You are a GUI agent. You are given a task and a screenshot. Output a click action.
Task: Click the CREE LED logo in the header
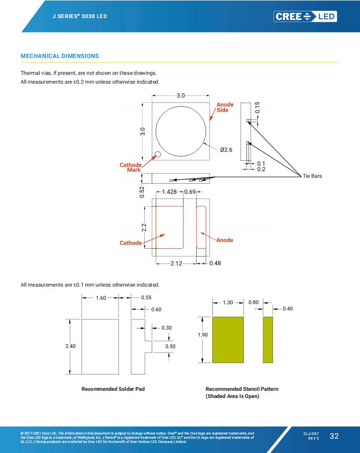click(305, 16)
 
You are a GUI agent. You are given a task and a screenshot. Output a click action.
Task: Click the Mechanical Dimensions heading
click(60, 56)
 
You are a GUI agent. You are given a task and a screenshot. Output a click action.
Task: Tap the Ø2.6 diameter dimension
click(226, 150)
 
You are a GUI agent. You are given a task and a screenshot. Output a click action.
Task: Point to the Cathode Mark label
click(131, 167)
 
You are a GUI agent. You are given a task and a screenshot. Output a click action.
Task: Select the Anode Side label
click(225, 107)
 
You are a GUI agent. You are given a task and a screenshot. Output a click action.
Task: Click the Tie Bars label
click(312, 176)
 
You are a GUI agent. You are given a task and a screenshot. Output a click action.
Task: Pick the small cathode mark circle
click(157, 155)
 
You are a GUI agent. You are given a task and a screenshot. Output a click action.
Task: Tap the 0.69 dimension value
click(190, 192)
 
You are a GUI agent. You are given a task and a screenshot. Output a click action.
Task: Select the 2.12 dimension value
click(176, 263)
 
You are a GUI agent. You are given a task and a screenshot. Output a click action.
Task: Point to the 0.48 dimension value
click(215, 263)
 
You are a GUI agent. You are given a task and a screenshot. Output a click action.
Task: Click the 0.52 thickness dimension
click(142, 192)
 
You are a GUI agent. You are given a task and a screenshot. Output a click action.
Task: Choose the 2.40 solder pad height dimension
click(70, 346)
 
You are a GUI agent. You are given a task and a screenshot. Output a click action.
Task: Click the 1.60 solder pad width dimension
click(101, 298)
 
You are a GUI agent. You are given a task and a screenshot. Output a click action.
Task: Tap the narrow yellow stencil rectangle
click(268, 340)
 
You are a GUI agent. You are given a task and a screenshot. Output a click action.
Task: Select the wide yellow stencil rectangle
click(228, 340)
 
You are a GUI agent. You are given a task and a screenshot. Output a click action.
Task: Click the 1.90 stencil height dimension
click(203, 335)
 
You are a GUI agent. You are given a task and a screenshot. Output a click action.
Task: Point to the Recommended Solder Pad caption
click(113, 389)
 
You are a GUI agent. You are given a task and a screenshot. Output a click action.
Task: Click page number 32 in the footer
click(334, 436)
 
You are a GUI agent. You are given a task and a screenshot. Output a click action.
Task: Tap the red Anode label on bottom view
click(225, 240)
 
